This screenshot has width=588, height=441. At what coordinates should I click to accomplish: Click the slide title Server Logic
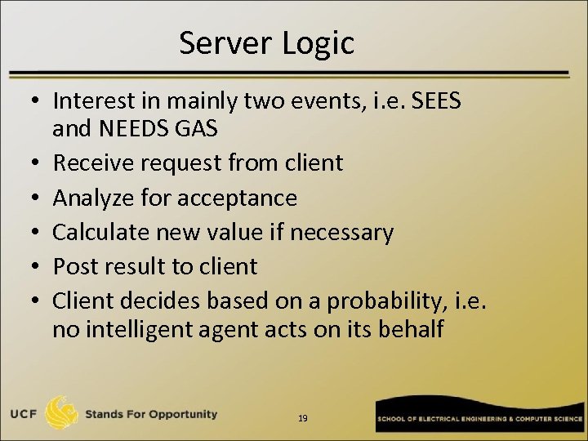266,43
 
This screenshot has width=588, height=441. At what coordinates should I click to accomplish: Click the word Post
72,266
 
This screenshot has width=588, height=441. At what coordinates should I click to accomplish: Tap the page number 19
303,418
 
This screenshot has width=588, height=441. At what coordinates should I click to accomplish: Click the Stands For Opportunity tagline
151,414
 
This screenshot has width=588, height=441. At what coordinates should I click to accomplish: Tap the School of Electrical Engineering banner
478,418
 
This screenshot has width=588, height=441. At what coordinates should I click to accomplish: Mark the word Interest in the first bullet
93,101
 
